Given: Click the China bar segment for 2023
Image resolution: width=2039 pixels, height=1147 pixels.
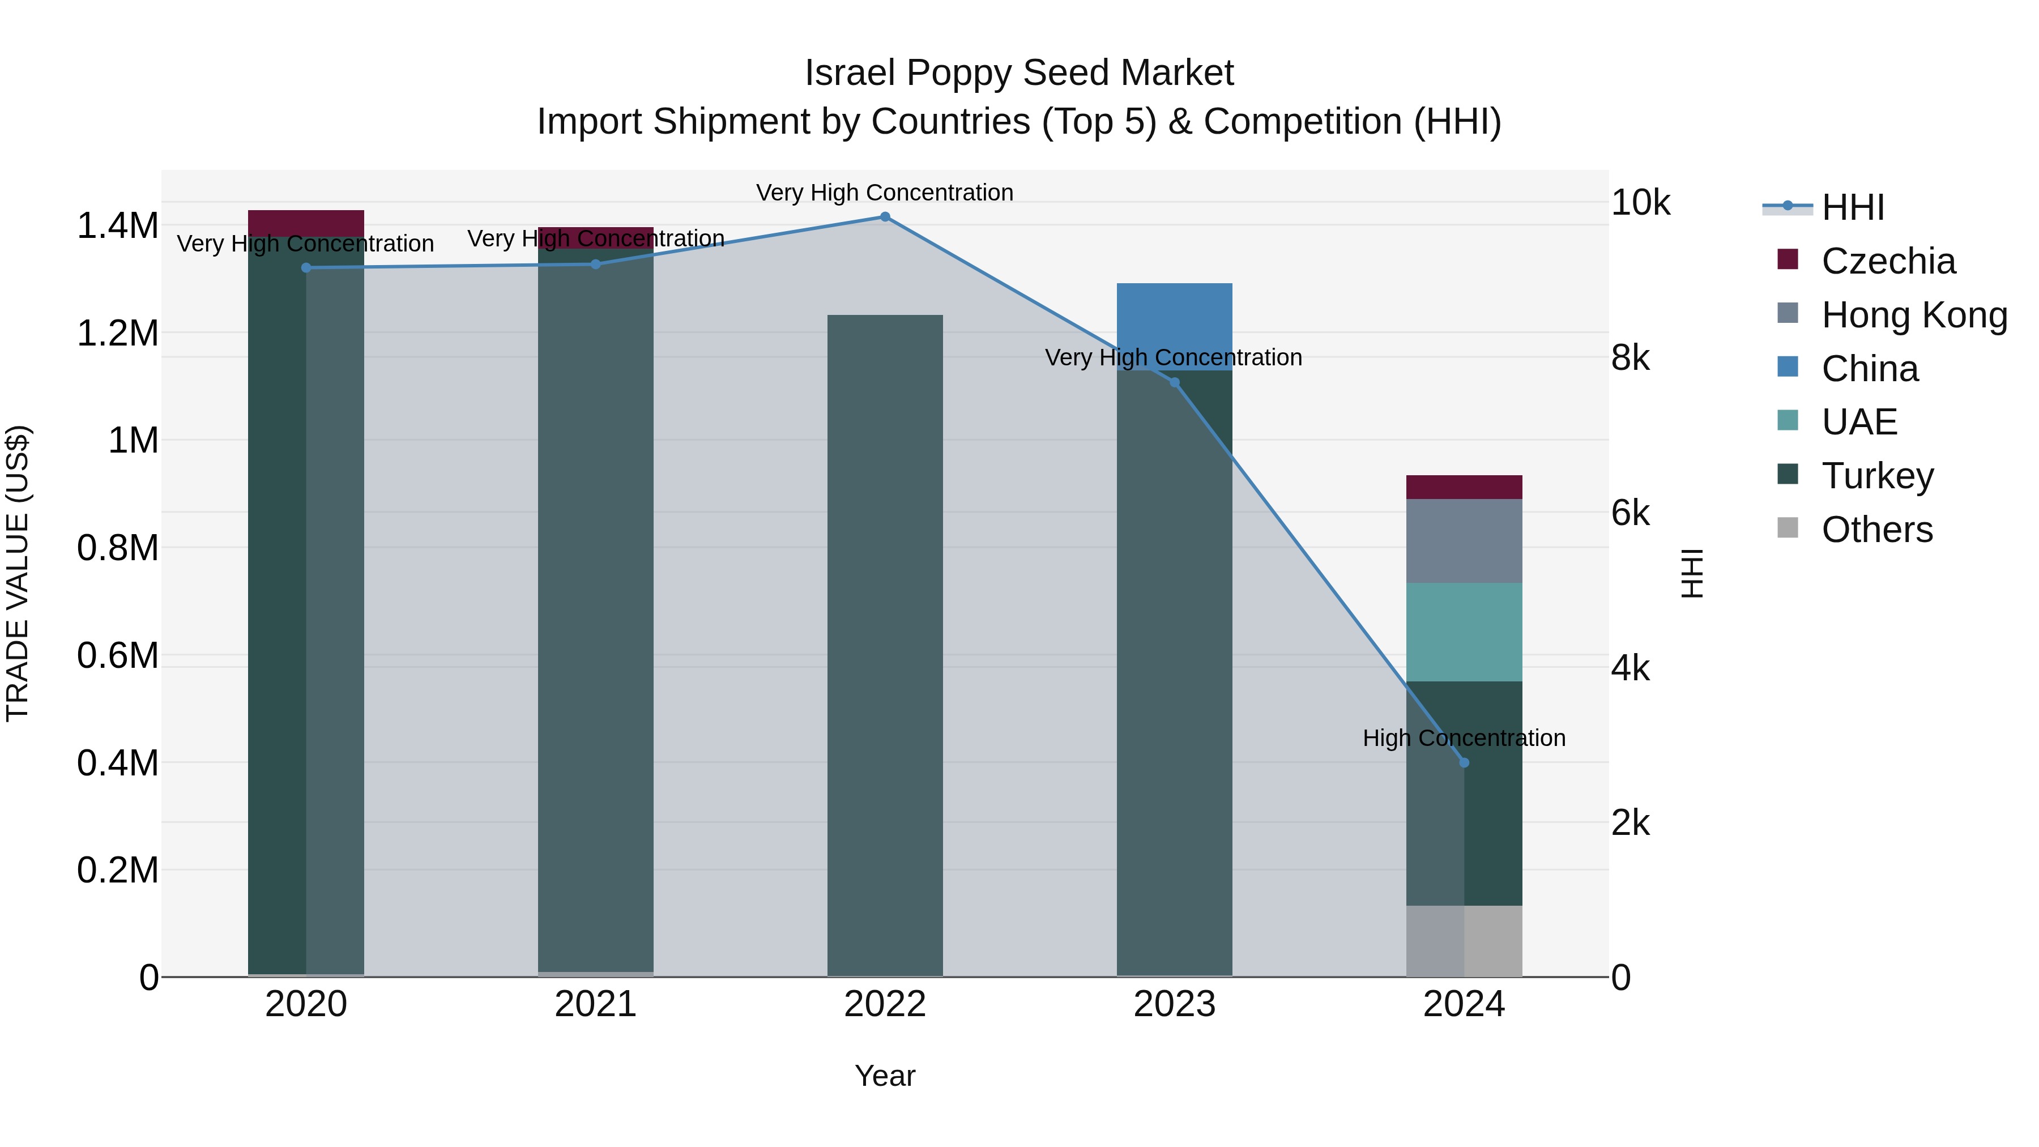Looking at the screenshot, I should tap(1174, 317).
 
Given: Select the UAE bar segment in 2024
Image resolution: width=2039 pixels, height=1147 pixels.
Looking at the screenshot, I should tap(1464, 632).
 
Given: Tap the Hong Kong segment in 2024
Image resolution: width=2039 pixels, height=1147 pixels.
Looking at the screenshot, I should tap(1464, 541).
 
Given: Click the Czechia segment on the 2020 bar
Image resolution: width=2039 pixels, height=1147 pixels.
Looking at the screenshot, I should tap(305, 223).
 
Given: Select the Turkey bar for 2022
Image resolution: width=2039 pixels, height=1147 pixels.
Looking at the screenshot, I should tap(885, 645).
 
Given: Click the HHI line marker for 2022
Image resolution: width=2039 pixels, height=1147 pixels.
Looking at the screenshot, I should tap(885, 217).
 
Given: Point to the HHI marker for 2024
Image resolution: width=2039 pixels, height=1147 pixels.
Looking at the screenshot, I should tap(1464, 762).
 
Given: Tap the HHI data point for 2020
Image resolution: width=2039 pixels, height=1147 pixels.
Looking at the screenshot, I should tap(306, 267).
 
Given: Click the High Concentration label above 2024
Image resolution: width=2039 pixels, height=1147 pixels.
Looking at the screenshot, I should tap(1464, 737).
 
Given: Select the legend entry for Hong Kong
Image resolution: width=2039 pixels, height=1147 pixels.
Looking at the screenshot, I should tap(1914, 314).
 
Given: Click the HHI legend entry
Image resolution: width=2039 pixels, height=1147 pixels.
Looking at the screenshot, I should tap(1852, 207).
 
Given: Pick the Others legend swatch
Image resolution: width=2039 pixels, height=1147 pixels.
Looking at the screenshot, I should tap(1788, 528).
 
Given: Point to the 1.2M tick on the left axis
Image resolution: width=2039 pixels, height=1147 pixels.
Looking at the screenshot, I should tap(117, 333).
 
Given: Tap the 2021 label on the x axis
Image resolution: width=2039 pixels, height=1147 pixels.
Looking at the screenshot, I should tap(595, 1004).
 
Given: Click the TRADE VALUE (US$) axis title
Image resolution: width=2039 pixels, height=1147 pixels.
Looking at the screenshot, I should tap(18, 573).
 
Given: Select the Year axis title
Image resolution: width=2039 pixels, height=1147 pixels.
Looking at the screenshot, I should tap(885, 1076).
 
